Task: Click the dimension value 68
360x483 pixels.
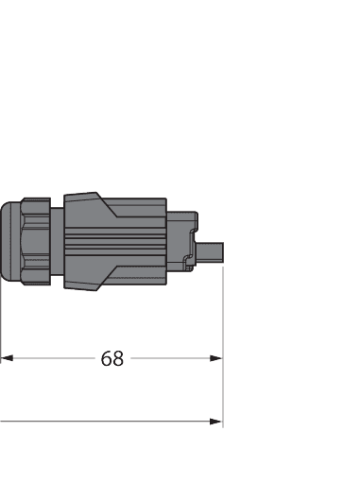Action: (112, 359)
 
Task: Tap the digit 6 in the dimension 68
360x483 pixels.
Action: (107, 359)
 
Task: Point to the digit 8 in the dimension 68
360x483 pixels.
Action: (118, 359)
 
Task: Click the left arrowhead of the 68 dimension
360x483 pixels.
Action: (6, 359)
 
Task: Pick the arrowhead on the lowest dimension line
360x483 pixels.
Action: (216, 422)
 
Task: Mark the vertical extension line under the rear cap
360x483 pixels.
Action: (1, 321)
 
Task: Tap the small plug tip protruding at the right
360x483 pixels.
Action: (211, 251)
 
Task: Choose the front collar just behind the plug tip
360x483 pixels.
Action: (183, 244)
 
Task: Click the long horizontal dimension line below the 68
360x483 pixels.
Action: (104, 422)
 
